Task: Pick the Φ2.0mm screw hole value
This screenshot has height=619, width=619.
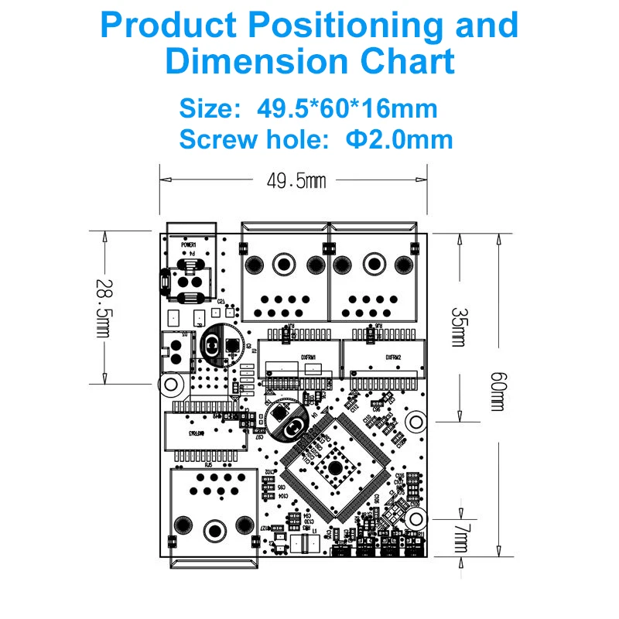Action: pyautogui.click(x=400, y=139)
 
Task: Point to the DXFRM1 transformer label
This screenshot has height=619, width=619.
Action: pyautogui.click(x=299, y=357)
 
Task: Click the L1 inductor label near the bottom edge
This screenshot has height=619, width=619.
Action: pyautogui.click(x=315, y=530)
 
